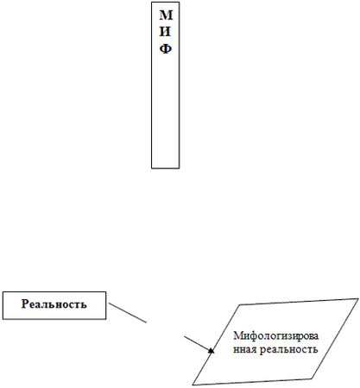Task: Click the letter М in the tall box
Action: pyautogui.click(x=166, y=16)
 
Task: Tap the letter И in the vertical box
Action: pyautogui.click(x=165, y=32)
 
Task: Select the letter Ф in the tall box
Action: pyautogui.click(x=166, y=49)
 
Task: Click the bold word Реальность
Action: pyautogui.click(x=54, y=304)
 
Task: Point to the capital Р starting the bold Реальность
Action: pyautogui.click(x=25, y=304)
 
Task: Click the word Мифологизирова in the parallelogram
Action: pyautogui.click(x=276, y=335)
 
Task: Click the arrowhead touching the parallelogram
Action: pyautogui.click(x=212, y=351)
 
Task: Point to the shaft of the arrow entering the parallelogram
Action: pyautogui.click(x=197, y=343)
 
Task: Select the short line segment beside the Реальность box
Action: pyautogui.click(x=128, y=313)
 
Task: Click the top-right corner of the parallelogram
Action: pyautogui.click(x=358, y=299)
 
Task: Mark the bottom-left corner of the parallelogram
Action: pyautogui.click(x=193, y=385)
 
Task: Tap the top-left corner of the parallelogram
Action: pyautogui.click(x=240, y=304)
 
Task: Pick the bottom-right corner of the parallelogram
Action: pyautogui.click(x=312, y=379)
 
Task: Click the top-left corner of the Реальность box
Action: pyautogui.click(x=3, y=292)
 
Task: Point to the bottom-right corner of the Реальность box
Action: pyautogui.click(x=106, y=319)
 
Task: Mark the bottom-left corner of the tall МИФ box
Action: pyautogui.click(x=152, y=168)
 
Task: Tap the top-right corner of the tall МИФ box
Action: pyautogui.click(x=180, y=3)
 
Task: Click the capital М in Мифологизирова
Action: pyautogui.click(x=237, y=335)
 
